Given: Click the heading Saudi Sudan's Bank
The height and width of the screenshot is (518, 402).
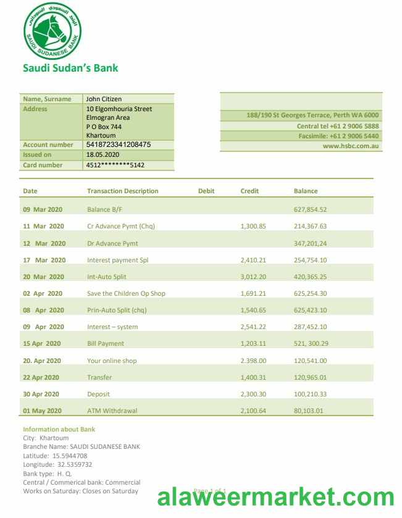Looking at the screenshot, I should [x=70, y=68].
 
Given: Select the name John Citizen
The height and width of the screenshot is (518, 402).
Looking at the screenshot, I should [x=104, y=99].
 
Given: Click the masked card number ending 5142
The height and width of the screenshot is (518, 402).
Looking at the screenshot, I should [x=115, y=165].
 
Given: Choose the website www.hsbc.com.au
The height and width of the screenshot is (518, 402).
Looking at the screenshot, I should [x=351, y=146].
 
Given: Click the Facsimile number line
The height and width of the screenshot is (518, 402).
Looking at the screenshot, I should [x=339, y=136].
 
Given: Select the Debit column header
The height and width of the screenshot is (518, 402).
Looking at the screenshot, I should [x=206, y=191].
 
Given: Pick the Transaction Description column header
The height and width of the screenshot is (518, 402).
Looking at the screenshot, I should [x=122, y=191].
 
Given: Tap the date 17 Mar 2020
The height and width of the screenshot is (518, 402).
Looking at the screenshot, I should [x=44, y=260].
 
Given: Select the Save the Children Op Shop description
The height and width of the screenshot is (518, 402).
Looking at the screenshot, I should [x=126, y=293].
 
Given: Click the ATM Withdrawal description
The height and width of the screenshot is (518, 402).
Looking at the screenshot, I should [x=112, y=411].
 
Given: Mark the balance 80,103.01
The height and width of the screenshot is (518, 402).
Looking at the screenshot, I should [x=308, y=411].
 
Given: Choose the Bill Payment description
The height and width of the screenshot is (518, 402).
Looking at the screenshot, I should [x=106, y=343].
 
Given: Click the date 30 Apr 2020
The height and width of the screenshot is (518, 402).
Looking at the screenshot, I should [x=41, y=394].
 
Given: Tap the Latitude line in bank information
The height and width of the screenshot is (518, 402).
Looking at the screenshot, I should [x=55, y=456].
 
